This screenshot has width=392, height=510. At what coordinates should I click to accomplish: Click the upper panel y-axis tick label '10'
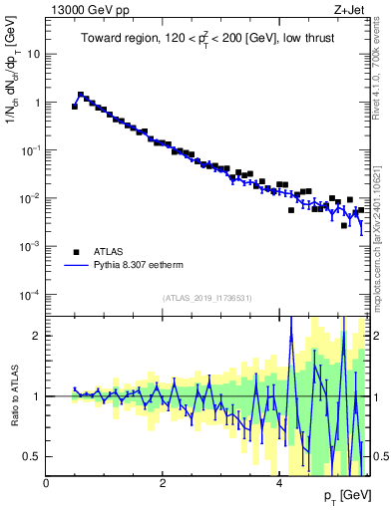pos(34,54)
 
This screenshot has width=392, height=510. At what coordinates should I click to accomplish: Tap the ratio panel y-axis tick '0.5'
pos(33,456)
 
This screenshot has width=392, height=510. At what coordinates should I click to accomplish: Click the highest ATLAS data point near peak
pos(81,96)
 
